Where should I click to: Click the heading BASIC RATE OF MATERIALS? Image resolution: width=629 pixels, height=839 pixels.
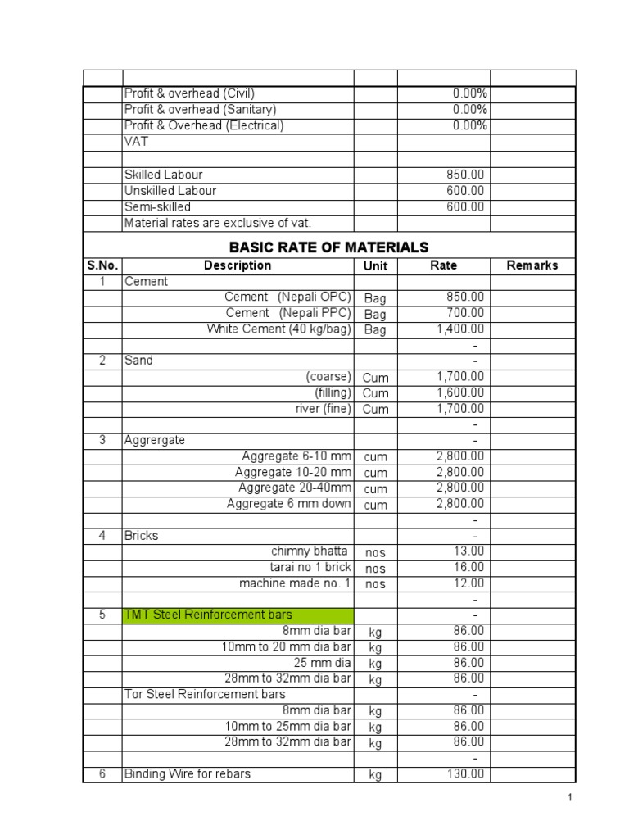pos(328,247)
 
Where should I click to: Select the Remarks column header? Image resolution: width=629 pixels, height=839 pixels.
pos(532,265)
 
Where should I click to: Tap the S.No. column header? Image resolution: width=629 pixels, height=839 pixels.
pos(102,265)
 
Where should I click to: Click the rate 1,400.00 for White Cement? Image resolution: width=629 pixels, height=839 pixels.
pos(460,329)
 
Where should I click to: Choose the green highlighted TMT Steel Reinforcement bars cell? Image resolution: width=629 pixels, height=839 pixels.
pos(238,615)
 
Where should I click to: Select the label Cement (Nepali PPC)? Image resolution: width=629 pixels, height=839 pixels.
pos(288,313)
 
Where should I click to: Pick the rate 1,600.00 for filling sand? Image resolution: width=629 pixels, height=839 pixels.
pos(460,392)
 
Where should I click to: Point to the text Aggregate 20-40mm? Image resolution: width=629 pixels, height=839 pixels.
pos(292,488)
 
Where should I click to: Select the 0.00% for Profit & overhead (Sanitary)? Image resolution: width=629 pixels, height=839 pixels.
pos(470,109)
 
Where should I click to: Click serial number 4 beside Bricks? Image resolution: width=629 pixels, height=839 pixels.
pos(102,536)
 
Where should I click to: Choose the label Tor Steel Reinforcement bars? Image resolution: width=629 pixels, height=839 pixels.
pos(205,694)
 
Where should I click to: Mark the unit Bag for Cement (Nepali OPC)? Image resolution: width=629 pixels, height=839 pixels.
pos(375,298)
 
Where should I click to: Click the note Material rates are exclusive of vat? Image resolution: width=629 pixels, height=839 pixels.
pos(218,223)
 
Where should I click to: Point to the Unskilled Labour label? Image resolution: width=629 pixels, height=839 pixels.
pos(170,191)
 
